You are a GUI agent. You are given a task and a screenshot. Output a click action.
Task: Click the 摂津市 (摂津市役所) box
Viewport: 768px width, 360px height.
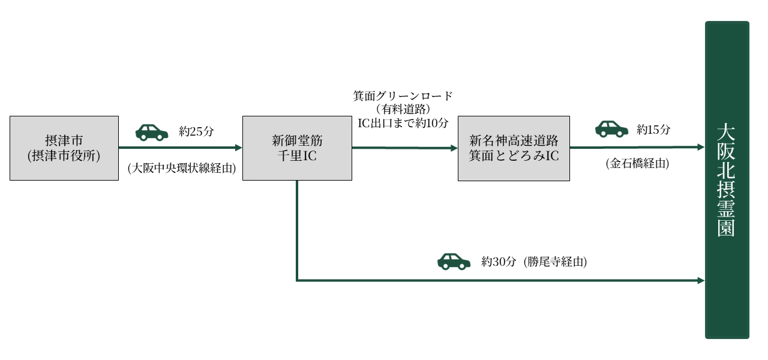(x=64, y=148)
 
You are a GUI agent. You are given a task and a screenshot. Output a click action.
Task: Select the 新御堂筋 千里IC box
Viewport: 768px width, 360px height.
(x=297, y=148)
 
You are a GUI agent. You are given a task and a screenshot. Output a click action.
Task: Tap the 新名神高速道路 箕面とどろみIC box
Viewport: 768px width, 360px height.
(x=514, y=148)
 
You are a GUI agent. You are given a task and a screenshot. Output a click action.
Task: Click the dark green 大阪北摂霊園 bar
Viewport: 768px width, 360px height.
(x=727, y=180)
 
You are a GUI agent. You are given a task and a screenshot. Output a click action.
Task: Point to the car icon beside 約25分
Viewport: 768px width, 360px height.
(x=152, y=132)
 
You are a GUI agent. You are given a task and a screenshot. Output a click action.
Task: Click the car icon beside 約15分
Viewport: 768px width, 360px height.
(x=611, y=129)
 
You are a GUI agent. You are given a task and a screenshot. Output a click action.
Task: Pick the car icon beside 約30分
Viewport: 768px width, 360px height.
(x=454, y=261)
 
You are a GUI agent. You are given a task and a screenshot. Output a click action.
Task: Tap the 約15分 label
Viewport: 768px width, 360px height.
(x=653, y=129)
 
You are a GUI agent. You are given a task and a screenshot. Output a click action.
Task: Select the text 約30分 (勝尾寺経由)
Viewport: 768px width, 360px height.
(x=533, y=262)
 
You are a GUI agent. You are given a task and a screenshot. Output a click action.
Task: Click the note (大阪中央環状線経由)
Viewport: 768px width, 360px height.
(x=181, y=169)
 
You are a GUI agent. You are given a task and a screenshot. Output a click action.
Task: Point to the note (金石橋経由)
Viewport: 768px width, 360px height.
(x=637, y=164)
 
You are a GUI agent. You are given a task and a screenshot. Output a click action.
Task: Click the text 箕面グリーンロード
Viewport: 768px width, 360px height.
(x=403, y=96)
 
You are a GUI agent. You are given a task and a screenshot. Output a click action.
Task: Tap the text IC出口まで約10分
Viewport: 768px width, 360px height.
(x=403, y=124)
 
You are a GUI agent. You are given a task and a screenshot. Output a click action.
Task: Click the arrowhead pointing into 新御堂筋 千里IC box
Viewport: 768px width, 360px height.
(x=238, y=148)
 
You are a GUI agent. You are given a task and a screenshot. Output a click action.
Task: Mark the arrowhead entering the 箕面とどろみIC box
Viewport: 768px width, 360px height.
(x=454, y=148)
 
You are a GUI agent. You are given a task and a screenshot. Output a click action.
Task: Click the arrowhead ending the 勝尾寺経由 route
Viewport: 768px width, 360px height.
(x=700, y=280)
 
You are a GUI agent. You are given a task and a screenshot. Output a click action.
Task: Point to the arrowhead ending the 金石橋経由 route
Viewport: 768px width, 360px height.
(x=700, y=147)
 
